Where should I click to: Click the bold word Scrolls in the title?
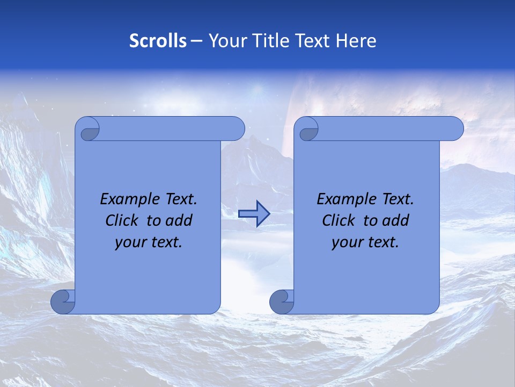point(158,41)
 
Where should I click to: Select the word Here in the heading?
point(356,41)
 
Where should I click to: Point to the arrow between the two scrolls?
point(254,214)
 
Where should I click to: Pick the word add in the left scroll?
point(179,220)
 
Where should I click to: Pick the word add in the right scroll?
point(395,220)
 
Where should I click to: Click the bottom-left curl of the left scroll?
point(63,301)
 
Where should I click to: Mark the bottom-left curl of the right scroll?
point(282,301)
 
